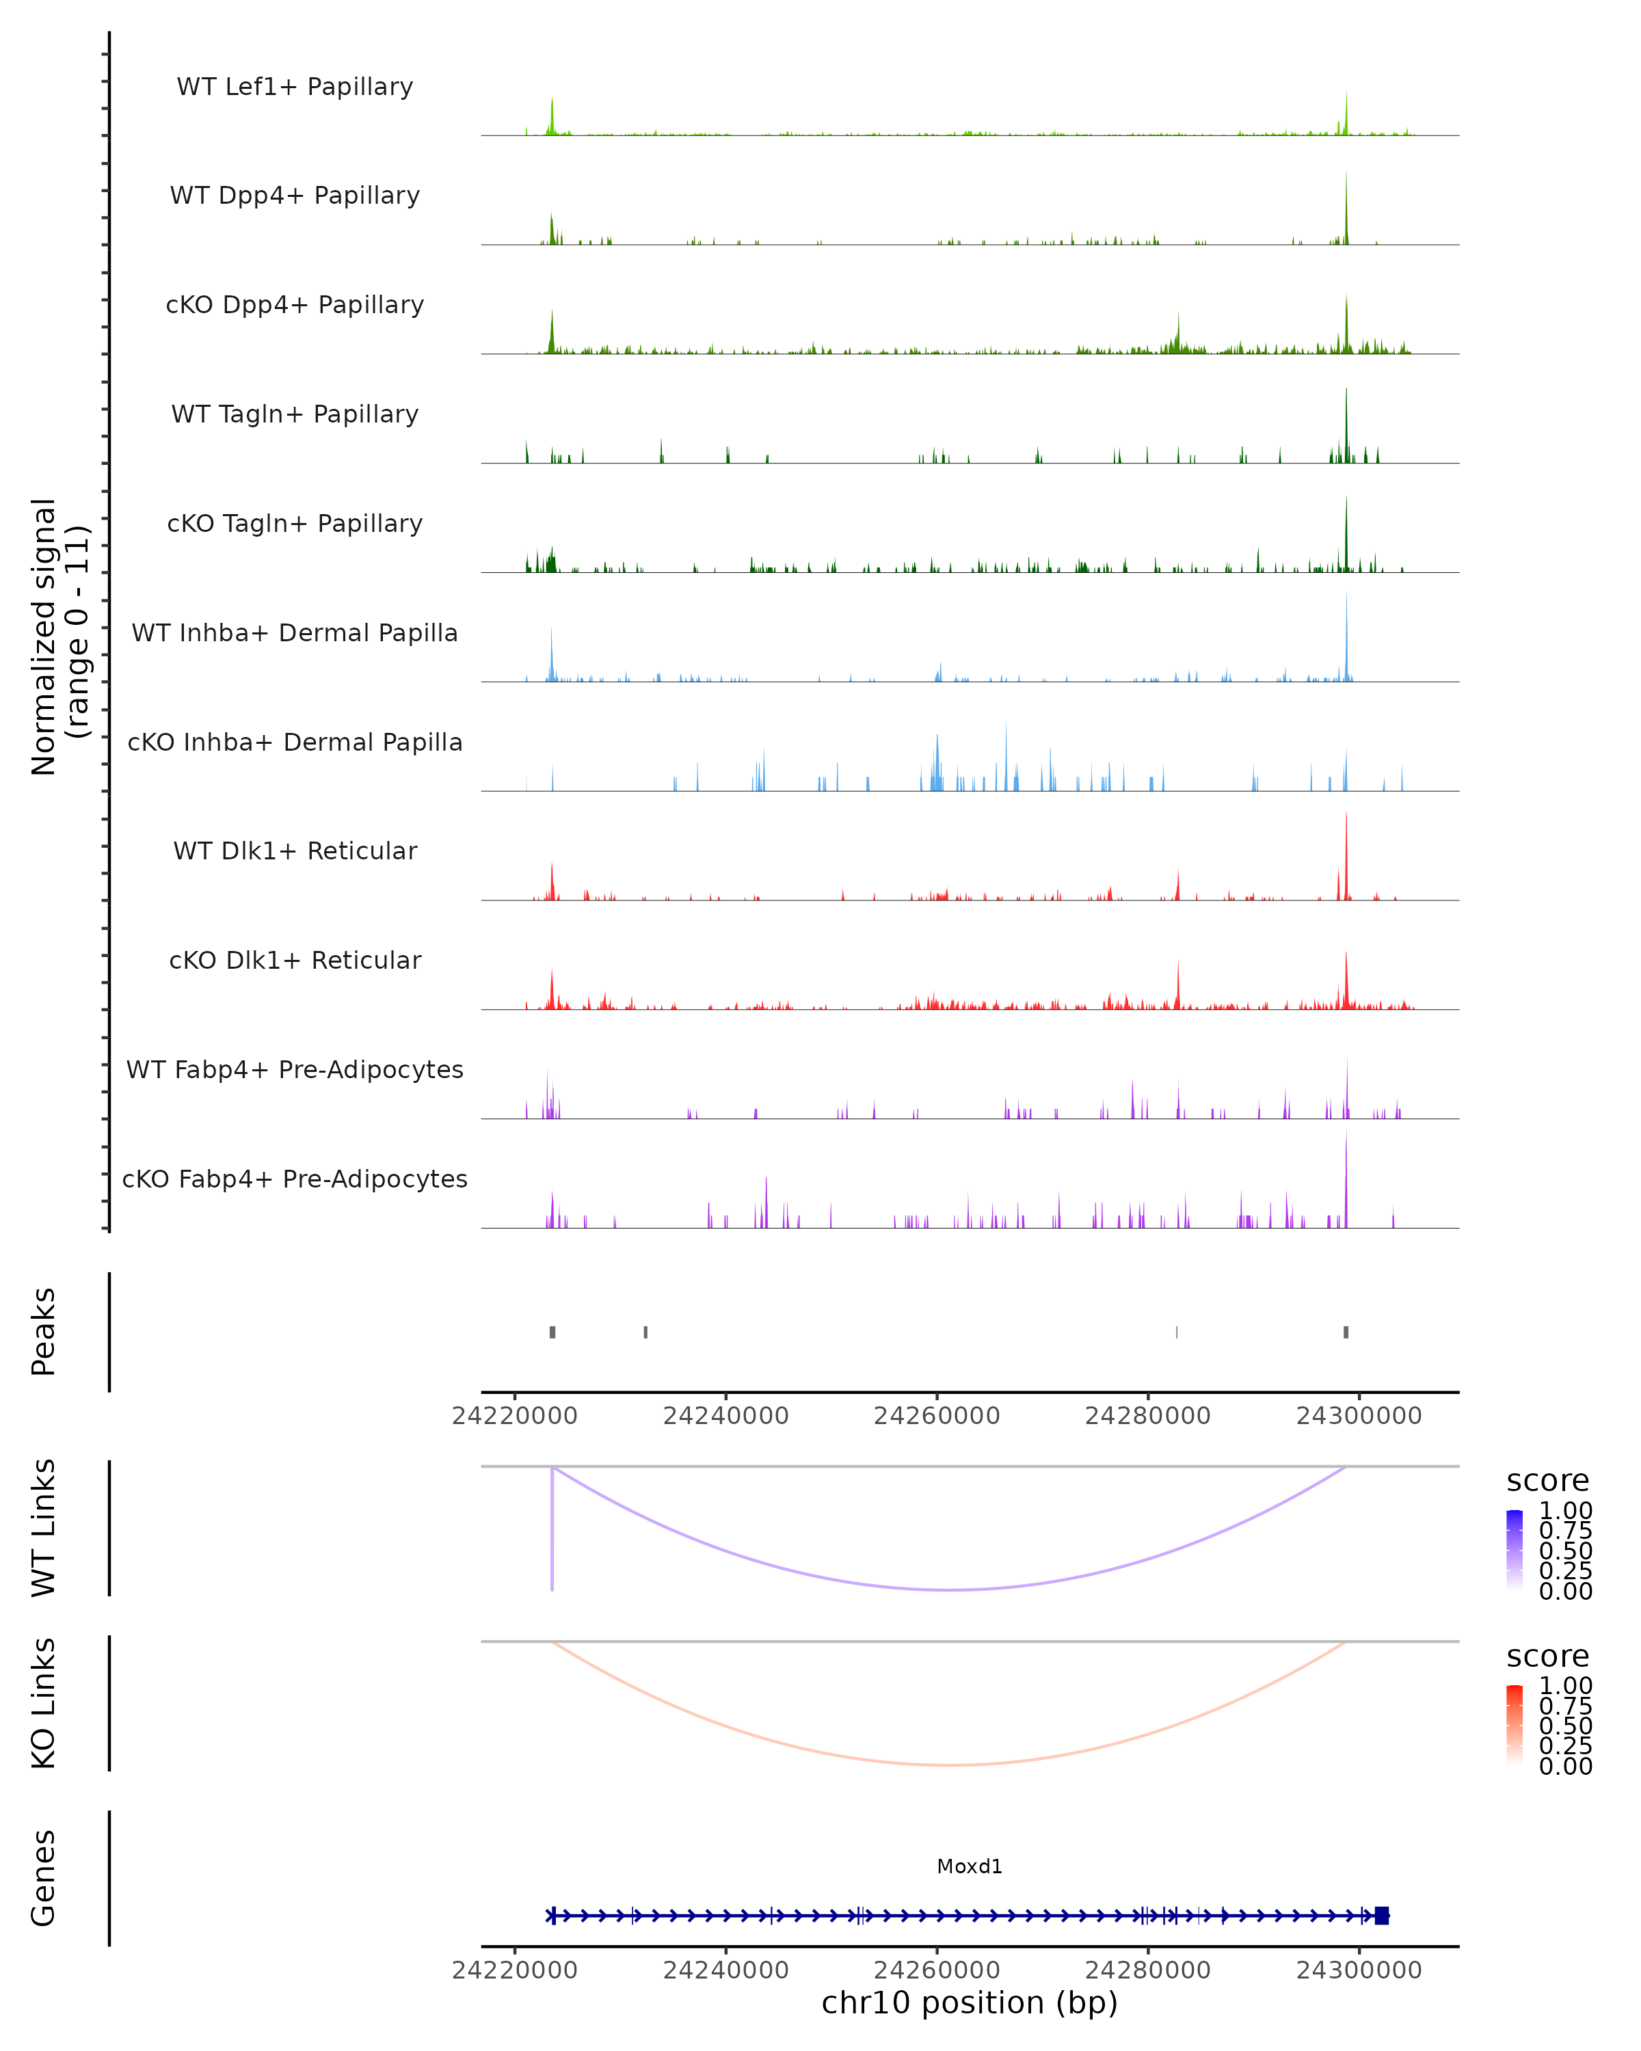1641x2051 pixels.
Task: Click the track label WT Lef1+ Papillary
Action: click(x=295, y=87)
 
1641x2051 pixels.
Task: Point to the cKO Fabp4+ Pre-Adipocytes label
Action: click(x=295, y=1179)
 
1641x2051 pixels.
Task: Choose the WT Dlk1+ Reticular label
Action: click(x=295, y=850)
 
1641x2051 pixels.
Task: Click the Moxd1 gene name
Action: click(x=970, y=1866)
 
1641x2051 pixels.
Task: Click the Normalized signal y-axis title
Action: click(x=60, y=636)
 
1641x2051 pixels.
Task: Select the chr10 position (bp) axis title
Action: click(x=970, y=2002)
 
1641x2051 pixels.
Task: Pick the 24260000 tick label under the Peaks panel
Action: click(x=936, y=1416)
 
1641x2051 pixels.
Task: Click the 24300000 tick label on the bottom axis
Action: click(x=1359, y=1970)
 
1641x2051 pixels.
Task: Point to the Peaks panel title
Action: click(x=44, y=1332)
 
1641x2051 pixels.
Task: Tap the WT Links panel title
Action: click(x=44, y=1527)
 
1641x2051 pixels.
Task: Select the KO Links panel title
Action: click(x=44, y=1703)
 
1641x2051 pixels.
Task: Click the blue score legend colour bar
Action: click(x=1515, y=1549)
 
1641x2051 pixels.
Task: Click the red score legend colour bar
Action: click(x=1515, y=1724)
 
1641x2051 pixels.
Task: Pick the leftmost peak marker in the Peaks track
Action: click(x=552, y=1332)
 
